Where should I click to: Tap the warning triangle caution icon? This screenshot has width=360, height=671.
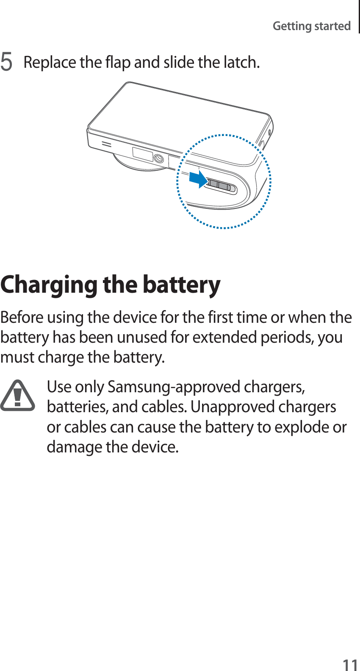(x=17, y=396)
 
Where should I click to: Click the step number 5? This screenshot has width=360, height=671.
(x=6, y=62)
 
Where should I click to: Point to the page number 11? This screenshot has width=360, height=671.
(x=350, y=664)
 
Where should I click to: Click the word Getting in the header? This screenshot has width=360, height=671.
(x=292, y=26)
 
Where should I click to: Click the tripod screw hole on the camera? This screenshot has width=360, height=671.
(x=158, y=158)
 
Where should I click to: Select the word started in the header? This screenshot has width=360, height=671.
(x=332, y=26)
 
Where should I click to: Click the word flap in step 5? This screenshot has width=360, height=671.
(x=117, y=62)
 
